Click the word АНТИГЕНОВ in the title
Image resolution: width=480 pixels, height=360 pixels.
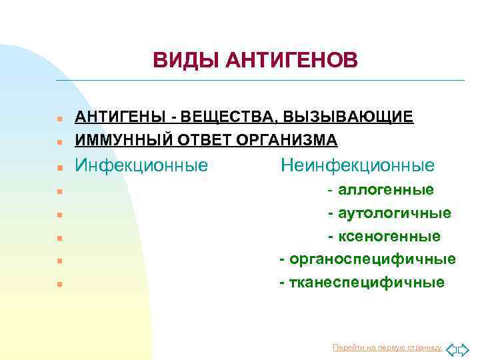pos(291,61)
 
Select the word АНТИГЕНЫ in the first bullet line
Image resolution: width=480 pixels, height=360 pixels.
pos(121,117)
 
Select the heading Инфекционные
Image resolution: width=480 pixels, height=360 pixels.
pos(141,165)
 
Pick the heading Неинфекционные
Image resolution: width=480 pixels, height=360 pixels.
pos(357,165)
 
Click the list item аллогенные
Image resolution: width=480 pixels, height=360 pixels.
pos(386,191)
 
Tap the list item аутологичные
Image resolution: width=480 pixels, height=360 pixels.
pos(394,213)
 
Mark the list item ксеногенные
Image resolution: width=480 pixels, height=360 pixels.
pos(389,236)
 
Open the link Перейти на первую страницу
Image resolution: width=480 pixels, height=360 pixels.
pos(387,347)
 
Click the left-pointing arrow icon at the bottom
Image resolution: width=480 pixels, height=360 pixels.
pos(451,349)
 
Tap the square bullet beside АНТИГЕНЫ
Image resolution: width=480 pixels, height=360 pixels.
pos(59,119)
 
